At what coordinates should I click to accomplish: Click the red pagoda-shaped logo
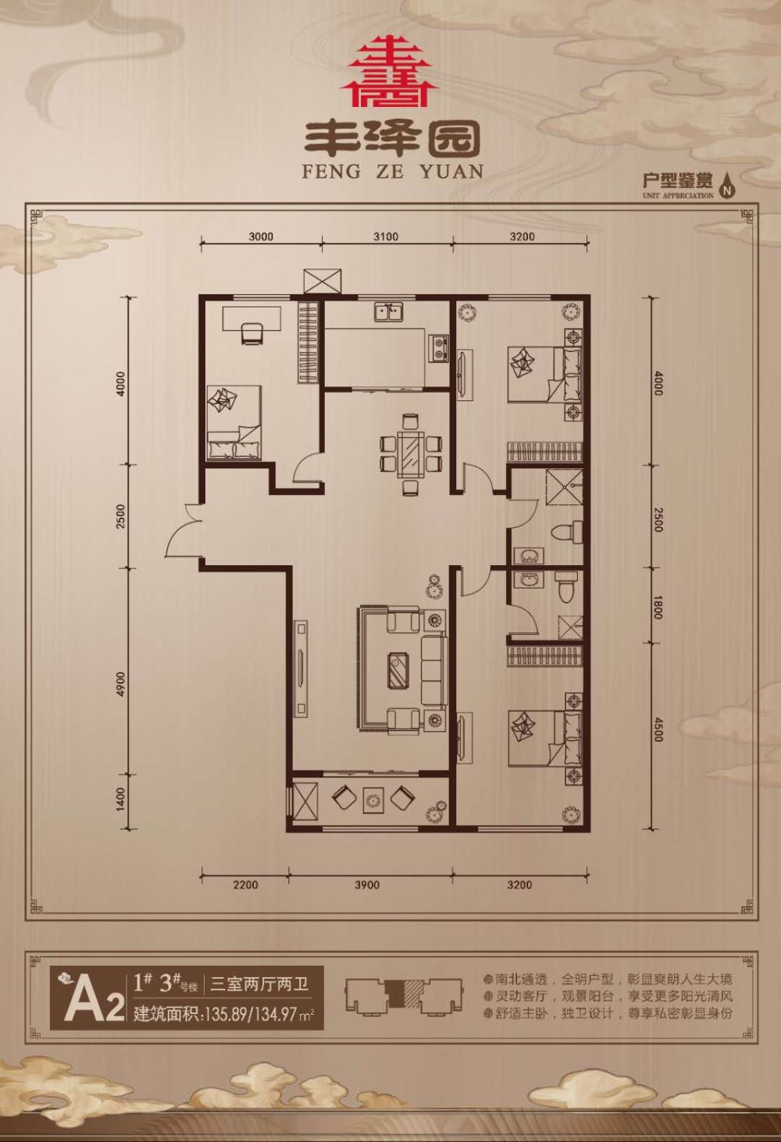tap(390, 70)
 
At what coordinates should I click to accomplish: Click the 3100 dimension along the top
tap(386, 237)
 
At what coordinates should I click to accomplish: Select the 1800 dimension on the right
tap(658, 607)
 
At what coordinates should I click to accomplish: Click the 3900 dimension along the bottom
tap(367, 884)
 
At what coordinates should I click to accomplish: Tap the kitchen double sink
tap(389, 311)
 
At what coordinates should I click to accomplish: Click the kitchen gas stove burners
tap(440, 347)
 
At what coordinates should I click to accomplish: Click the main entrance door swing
tap(184, 530)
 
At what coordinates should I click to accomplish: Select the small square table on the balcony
tap(373, 800)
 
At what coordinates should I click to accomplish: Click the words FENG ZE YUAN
tap(393, 172)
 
